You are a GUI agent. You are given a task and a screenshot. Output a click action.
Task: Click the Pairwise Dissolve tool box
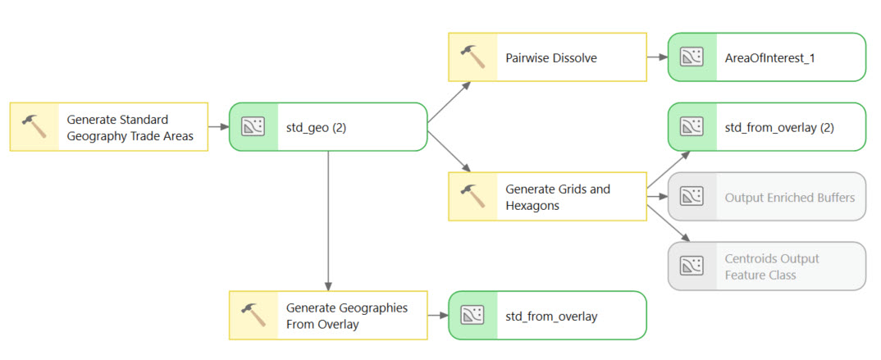click(x=547, y=57)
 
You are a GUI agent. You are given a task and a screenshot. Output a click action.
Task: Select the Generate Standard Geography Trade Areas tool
click(x=108, y=127)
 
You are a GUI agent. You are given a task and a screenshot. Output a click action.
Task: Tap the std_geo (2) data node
click(x=328, y=127)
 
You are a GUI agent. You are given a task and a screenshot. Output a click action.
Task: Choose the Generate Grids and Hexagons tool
click(x=547, y=197)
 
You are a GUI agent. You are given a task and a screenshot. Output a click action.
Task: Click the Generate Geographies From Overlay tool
click(x=328, y=316)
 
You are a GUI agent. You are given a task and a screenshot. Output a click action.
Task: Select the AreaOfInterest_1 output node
click(x=767, y=57)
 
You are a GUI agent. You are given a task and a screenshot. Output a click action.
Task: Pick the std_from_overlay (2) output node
click(x=767, y=127)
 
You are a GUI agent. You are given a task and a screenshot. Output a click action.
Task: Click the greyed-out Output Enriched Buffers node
click(x=767, y=197)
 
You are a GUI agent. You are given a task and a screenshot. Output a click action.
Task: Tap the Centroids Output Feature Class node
click(x=767, y=267)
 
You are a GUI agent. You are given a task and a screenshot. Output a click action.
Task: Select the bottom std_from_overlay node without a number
click(x=547, y=316)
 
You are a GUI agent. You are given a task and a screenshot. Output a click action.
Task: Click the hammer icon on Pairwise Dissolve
click(x=473, y=57)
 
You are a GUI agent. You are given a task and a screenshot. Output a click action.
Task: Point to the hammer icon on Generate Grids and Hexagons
click(x=473, y=197)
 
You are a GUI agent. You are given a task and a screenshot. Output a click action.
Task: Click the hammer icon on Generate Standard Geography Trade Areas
click(x=34, y=127)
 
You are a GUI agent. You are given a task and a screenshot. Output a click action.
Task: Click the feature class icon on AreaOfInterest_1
click(x=693, y=57)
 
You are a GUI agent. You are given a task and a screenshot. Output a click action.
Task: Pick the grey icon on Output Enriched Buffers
click(x=693, y=197)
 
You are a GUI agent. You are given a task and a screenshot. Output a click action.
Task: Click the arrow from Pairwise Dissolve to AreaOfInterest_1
click(x=657, y=57)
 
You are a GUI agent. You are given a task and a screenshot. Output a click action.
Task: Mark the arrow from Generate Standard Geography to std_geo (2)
click(x=218, y=127)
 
